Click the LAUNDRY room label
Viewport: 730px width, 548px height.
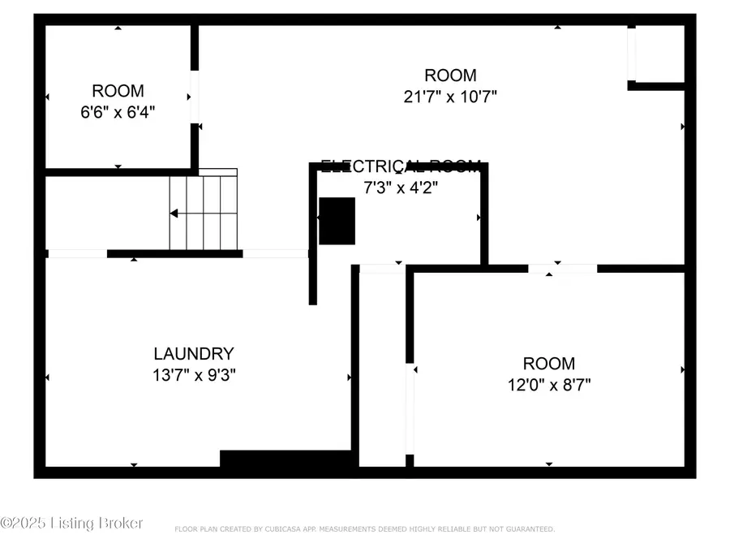194,354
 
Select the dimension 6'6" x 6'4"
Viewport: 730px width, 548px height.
118,111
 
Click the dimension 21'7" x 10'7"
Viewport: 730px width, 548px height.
450,96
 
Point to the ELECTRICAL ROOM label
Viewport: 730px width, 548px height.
401,166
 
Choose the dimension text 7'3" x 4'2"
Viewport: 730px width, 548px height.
401,186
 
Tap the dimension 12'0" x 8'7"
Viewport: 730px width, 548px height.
548,384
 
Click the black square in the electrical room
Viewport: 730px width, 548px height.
337,221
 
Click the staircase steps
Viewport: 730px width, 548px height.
204,213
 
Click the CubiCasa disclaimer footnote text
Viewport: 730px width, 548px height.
365,529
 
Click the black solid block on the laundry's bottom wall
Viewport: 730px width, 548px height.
287,459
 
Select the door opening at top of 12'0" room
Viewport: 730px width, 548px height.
562,268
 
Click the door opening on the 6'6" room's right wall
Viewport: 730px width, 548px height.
195,97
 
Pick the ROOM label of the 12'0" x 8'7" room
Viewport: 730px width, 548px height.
548,364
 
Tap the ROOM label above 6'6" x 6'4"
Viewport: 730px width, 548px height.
118,91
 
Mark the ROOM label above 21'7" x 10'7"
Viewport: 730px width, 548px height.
450,76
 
